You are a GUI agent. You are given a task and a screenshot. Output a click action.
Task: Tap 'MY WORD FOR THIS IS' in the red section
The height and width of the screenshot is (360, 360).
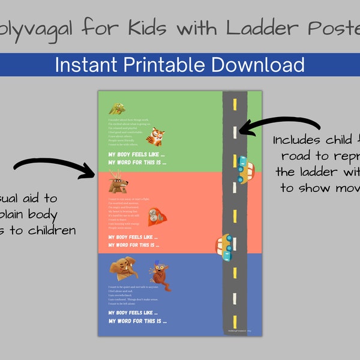[134, 245]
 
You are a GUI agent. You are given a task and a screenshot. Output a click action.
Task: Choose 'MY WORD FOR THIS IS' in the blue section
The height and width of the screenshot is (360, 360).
[134, 321]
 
